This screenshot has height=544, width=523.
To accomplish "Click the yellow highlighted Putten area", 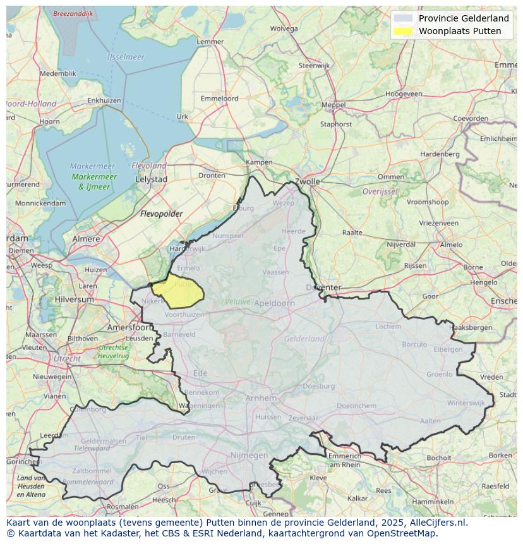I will [x=178, y=291].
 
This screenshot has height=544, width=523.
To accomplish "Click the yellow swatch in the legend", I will [x=402, y=31].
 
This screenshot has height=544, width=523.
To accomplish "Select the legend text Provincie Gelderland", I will [x=463, y=18].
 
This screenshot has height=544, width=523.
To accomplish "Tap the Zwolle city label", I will [x=307, y=181].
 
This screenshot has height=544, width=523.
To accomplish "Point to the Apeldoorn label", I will [x=274, y=303].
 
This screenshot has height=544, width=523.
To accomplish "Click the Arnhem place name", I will [x=261, y=398].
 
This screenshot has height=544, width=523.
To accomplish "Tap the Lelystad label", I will [x=152, y=179].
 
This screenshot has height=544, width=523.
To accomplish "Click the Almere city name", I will [x=86, y=239].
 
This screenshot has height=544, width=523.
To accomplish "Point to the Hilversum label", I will [x=74, y=299].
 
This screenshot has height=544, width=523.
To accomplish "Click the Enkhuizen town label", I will [x=104, y=100].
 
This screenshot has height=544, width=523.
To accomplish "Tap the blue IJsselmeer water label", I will [x=126, y=57].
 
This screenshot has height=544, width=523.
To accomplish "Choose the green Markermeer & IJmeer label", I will [x=93, y=182].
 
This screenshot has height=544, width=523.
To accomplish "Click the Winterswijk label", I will [x=466, y=402].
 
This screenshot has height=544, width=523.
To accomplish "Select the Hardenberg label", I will [x=440, y=154].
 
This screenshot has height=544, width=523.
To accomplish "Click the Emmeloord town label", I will [x=219, y=99].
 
